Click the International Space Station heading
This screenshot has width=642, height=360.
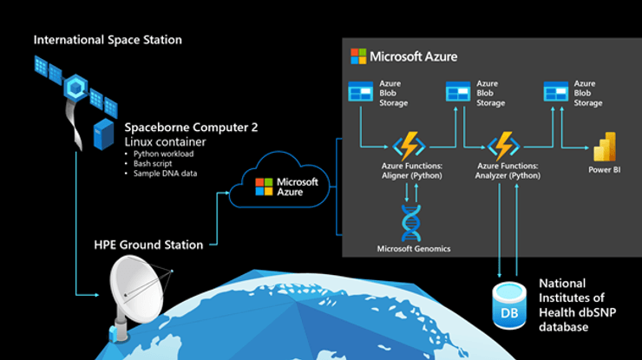click(x=108, y=40)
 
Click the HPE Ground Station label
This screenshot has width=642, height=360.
click(x=147, y=245)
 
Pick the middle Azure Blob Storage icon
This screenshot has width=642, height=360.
click(x=457, y=90)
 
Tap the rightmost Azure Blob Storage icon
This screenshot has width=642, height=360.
click(x=555, y=90)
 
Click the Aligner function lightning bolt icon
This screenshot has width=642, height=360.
click(x=408, y=145)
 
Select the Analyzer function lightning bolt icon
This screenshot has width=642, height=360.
click(x=503, y=145)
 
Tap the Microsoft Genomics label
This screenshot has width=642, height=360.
click(x=414, y=249)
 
